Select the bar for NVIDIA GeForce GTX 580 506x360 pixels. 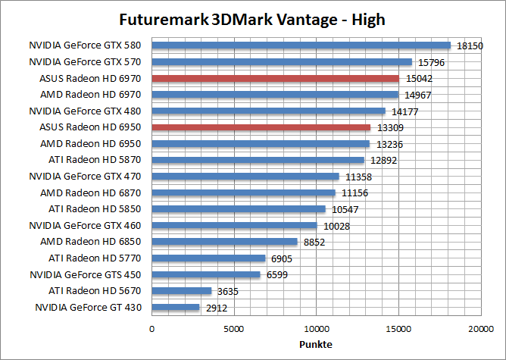(x=301, y=45)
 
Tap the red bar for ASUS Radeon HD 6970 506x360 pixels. (x=276, y=78)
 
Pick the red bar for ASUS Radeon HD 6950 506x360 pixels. (x=261, y=127)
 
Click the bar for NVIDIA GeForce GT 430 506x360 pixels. (x=176, y=307)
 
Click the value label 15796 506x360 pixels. (x=430, y=62)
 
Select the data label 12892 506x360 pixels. (x=383, y=160)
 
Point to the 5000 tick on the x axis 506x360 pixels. (x=234, y=330)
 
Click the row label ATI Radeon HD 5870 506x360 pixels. (x=97, y=160)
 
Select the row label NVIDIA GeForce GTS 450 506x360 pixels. (x=88, y=274)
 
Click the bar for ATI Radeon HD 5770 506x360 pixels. (x=209, y=258)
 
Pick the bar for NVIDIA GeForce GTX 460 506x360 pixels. (x=235, y=225)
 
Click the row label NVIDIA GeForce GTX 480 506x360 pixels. (x=88, y=111)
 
